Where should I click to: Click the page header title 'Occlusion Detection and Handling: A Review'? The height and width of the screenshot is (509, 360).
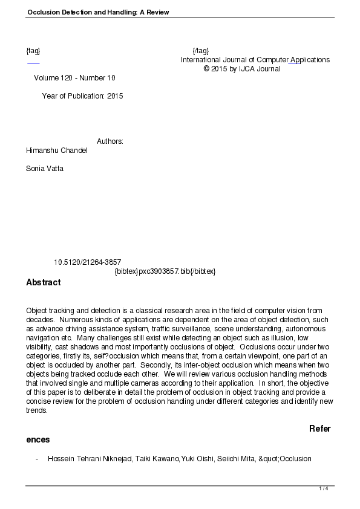tap(97, 12)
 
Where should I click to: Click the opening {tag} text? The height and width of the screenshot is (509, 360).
tap(33, 51)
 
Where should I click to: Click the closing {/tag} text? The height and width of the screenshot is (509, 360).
tap(200, 51)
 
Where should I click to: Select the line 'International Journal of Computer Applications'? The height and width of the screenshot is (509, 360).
tap(255, 60)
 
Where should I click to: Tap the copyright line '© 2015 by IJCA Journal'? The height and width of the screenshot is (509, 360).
tap(242, 69)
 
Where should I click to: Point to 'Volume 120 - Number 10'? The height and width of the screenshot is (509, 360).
tap(74, 78)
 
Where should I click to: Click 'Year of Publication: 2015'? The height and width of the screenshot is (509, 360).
tap(82, 96)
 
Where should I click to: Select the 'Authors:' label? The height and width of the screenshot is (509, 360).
tap(110, 141)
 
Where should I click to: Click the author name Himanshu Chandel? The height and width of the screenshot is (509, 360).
tap(57, 151)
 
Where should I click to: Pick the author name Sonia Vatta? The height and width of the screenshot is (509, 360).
tap(45, 169)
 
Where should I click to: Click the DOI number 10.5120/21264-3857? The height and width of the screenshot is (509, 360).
tap(87, 262)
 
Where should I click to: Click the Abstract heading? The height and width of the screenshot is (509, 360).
tap(44, 282)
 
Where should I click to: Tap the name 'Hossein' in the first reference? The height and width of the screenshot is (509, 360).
tap(61, 459)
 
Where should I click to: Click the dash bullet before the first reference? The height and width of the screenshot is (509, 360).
tap(38, 459)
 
